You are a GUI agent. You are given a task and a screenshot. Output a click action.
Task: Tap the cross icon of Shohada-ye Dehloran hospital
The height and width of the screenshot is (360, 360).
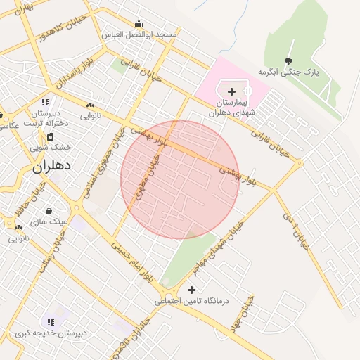tap(231, 91)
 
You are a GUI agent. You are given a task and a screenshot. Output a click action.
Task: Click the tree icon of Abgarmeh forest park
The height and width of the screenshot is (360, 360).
tap(288, 61)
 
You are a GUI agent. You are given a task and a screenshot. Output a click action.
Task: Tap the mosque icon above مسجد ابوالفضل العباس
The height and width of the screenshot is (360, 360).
tap(139, 23)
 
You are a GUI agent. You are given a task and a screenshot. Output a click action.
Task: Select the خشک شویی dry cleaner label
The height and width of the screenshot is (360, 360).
tap(51, 147)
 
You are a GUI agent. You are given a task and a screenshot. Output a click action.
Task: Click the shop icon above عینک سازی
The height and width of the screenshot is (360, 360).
tap(49, 210)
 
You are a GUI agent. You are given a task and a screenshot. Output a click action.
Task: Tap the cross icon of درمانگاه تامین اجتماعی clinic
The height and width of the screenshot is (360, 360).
tap(191, 290)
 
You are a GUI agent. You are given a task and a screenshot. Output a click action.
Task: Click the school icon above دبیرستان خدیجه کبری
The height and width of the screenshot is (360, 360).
tap(49, 321)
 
